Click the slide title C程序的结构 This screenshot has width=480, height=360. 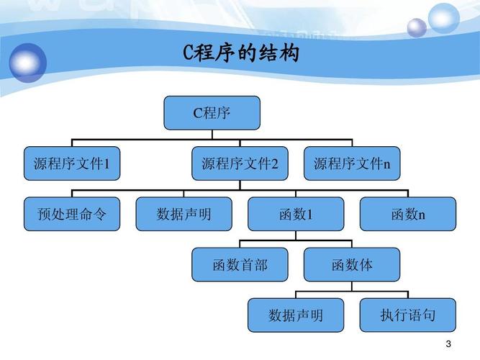[x=240, y=54]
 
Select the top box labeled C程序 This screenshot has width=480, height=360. [x=212, y=113]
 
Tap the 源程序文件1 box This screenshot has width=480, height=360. [x=71, y=163]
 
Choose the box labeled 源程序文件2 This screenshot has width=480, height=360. [x=240, y=163]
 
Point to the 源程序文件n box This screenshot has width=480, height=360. [x=352, y=163]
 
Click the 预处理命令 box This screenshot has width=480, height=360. [x=71, y=214]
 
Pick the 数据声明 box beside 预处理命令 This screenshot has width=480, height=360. [x=184, y=214]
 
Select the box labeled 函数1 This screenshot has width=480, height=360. [x=296, y=214]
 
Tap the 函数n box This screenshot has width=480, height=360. [x=408, y=214]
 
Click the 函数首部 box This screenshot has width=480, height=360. [x=240, y=264]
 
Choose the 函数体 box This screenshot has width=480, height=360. [x=352, y=264]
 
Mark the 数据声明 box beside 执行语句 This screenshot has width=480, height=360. [x=296, y=315]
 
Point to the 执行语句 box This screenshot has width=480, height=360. [x=408, y=315]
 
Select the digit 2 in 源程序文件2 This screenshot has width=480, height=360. [x=274, y=164]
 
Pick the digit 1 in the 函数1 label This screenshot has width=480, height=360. [x=310, y=215]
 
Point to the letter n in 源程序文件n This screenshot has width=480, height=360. [x=386, y=165]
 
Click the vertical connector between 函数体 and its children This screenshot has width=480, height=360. [x=352, y=287]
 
